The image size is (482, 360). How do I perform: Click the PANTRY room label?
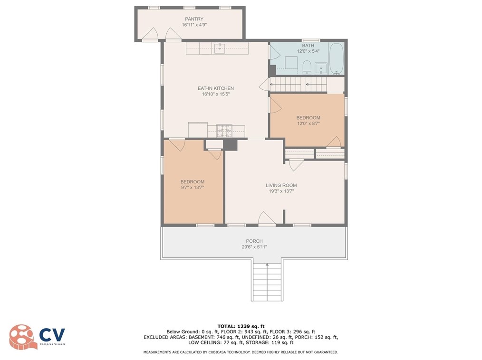coord(194,19)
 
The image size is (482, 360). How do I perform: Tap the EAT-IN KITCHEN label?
coord(215,88)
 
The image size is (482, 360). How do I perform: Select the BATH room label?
coord(308,46)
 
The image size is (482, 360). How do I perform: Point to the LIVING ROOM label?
coord(281,185)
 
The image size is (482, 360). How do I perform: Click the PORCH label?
coord(254,241)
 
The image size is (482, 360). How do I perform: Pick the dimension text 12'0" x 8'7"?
coord(308,123)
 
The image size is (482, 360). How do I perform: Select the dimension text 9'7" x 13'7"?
coord(193,188)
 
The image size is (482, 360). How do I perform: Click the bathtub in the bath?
coord(337,59)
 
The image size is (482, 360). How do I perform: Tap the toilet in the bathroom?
coord(307,67)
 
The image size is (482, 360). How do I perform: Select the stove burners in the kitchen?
coord(224,131)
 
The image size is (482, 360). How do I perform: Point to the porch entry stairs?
coord(267,282)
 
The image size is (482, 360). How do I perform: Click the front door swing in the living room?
coord(267,218)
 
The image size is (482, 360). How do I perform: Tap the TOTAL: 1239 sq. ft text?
coord(241,326)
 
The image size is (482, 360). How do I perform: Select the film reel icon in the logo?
coord(21,337)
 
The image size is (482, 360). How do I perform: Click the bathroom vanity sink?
coord(321,68)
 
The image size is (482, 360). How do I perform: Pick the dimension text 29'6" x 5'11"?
coord(254,247)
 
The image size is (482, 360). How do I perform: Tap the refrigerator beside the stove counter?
coord(198,130)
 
